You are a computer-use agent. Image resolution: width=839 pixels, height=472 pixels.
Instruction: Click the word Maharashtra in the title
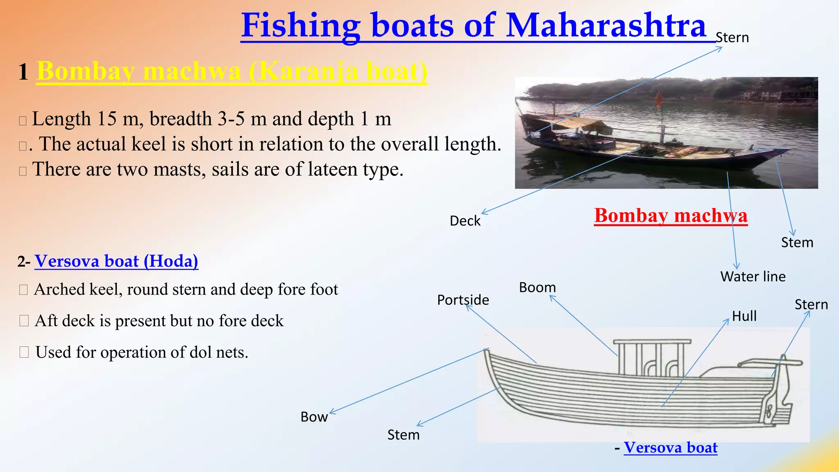[x=606, y=25]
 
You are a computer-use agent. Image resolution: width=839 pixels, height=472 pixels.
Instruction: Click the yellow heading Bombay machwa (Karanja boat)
[x=232, y=72]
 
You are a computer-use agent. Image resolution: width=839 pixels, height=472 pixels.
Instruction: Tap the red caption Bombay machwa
[x=671, y=216]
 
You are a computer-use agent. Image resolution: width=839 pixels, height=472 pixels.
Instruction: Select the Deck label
[x=465, y=221]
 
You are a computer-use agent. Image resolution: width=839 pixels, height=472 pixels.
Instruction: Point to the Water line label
[x=753, y=277]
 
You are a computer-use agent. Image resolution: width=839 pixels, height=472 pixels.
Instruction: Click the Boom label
[x=537, y=288]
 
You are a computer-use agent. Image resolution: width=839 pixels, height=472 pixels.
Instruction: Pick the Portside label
[x=463, y=300]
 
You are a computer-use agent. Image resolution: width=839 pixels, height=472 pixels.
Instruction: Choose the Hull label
[x=744, y=316]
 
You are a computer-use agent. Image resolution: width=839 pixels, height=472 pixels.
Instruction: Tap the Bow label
[x=314, y=417]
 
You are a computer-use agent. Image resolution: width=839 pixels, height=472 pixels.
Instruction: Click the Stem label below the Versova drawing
[x=404, y=435]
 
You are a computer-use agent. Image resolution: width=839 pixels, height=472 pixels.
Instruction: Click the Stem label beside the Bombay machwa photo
[x=797, y=243]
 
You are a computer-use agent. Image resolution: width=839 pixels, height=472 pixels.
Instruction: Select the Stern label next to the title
[x=732, y=38]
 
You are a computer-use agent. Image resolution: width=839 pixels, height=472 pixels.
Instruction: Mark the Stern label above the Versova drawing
[x=811, y=305]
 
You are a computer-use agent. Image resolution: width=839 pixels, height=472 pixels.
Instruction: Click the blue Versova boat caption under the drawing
[x=671, y=448]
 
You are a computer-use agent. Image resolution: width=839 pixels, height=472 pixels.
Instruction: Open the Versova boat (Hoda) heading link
[x=116, y=261]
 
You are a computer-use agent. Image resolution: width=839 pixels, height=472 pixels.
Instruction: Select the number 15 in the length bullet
[x=107, y=119]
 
